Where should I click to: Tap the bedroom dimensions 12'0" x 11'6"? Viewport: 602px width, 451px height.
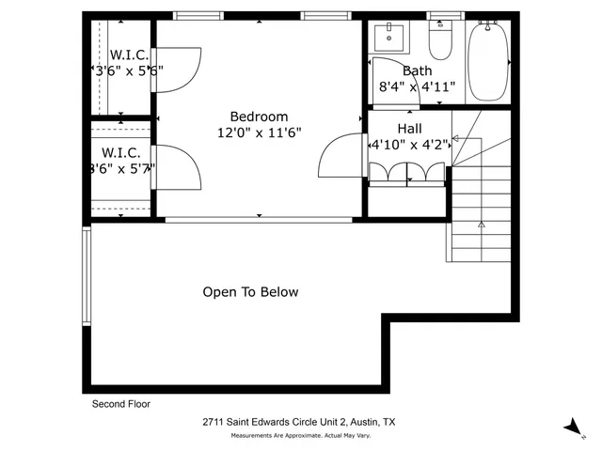click(259, 133)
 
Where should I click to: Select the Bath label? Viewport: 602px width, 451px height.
click(417, 70)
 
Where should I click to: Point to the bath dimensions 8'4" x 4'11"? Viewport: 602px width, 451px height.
click(417, 86)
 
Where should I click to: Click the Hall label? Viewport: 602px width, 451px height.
click(409, 129)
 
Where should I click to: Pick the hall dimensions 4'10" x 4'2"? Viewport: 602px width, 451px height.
click(409, 146)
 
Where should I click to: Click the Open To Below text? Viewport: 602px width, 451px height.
click(250, 292)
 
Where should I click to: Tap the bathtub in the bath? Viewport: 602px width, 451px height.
click(488, 61)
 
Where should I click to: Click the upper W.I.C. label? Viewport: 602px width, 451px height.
click(129, 54)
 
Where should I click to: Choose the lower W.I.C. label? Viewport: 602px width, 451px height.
click(120, 152)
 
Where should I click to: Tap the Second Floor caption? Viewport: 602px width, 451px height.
click(120, 404)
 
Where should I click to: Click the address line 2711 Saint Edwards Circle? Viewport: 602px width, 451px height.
click(299, 424)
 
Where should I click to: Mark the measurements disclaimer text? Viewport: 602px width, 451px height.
click(299, 436)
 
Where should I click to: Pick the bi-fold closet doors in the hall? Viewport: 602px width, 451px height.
click(406, 173)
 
